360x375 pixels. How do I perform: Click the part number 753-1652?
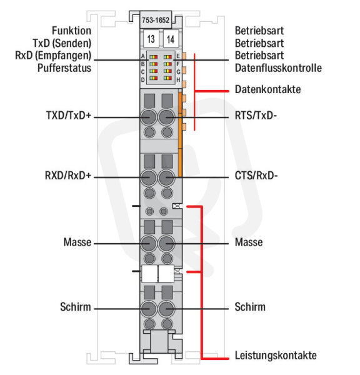156,20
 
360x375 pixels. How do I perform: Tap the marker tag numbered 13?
151,39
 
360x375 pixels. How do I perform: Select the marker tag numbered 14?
171,39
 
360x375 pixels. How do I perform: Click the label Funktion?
71,31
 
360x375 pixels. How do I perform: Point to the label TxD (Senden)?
62,43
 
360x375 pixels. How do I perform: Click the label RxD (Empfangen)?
53,56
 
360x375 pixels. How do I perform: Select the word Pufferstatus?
64,68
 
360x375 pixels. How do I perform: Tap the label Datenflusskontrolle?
278,68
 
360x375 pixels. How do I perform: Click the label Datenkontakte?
267,89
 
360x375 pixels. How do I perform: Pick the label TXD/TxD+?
69,115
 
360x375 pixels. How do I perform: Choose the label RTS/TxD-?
256,116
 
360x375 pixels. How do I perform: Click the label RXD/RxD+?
68,175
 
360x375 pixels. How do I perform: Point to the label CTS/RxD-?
256,176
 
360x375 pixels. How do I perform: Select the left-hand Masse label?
77,242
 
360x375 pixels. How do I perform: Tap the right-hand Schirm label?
250,307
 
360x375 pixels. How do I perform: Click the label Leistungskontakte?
276,356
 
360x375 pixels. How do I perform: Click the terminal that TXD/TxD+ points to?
149,117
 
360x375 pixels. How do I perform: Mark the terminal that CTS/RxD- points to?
167,177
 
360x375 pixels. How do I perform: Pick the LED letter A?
142,56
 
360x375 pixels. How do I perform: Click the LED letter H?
178,79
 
